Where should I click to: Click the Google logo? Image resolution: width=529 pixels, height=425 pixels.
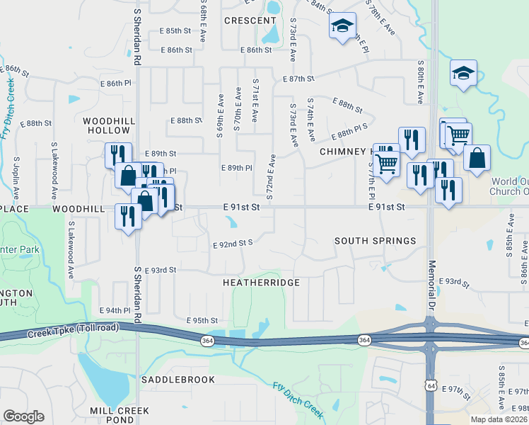(23, 416)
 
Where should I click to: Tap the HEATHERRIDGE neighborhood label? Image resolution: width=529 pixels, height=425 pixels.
(262, 283)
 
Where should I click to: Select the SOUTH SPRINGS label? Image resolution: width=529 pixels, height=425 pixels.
(375, 241)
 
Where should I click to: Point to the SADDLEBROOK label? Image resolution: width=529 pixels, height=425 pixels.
(178, 380)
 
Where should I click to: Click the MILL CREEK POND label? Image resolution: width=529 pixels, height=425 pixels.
(120, 415)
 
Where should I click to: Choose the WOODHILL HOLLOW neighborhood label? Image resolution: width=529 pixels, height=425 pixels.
(110, 126)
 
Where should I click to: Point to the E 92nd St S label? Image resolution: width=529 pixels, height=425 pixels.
(233, 243)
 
